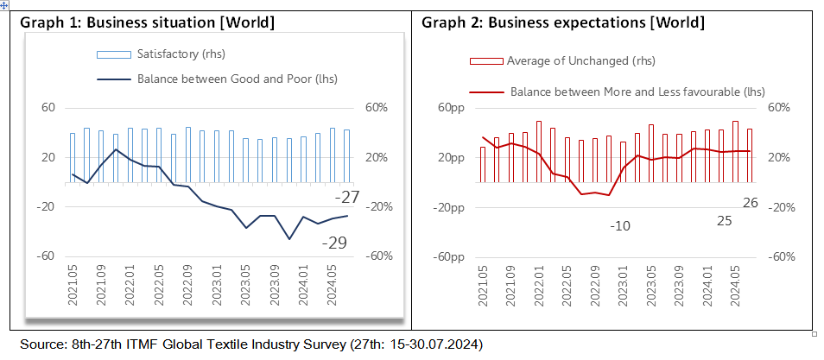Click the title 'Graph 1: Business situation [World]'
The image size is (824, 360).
(x=147, y=22)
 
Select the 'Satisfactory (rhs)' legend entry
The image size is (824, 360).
(x=181, y=55)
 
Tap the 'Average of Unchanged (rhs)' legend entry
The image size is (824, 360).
(x=580, y=60)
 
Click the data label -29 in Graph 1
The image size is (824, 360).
(x=334, y=243)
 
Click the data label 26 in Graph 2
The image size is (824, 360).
(x=751, y=203)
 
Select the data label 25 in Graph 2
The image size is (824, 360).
(x=724, y=221)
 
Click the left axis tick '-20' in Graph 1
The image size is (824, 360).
(x=44, y=207)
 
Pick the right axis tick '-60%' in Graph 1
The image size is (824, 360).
(x=382, y=256)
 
